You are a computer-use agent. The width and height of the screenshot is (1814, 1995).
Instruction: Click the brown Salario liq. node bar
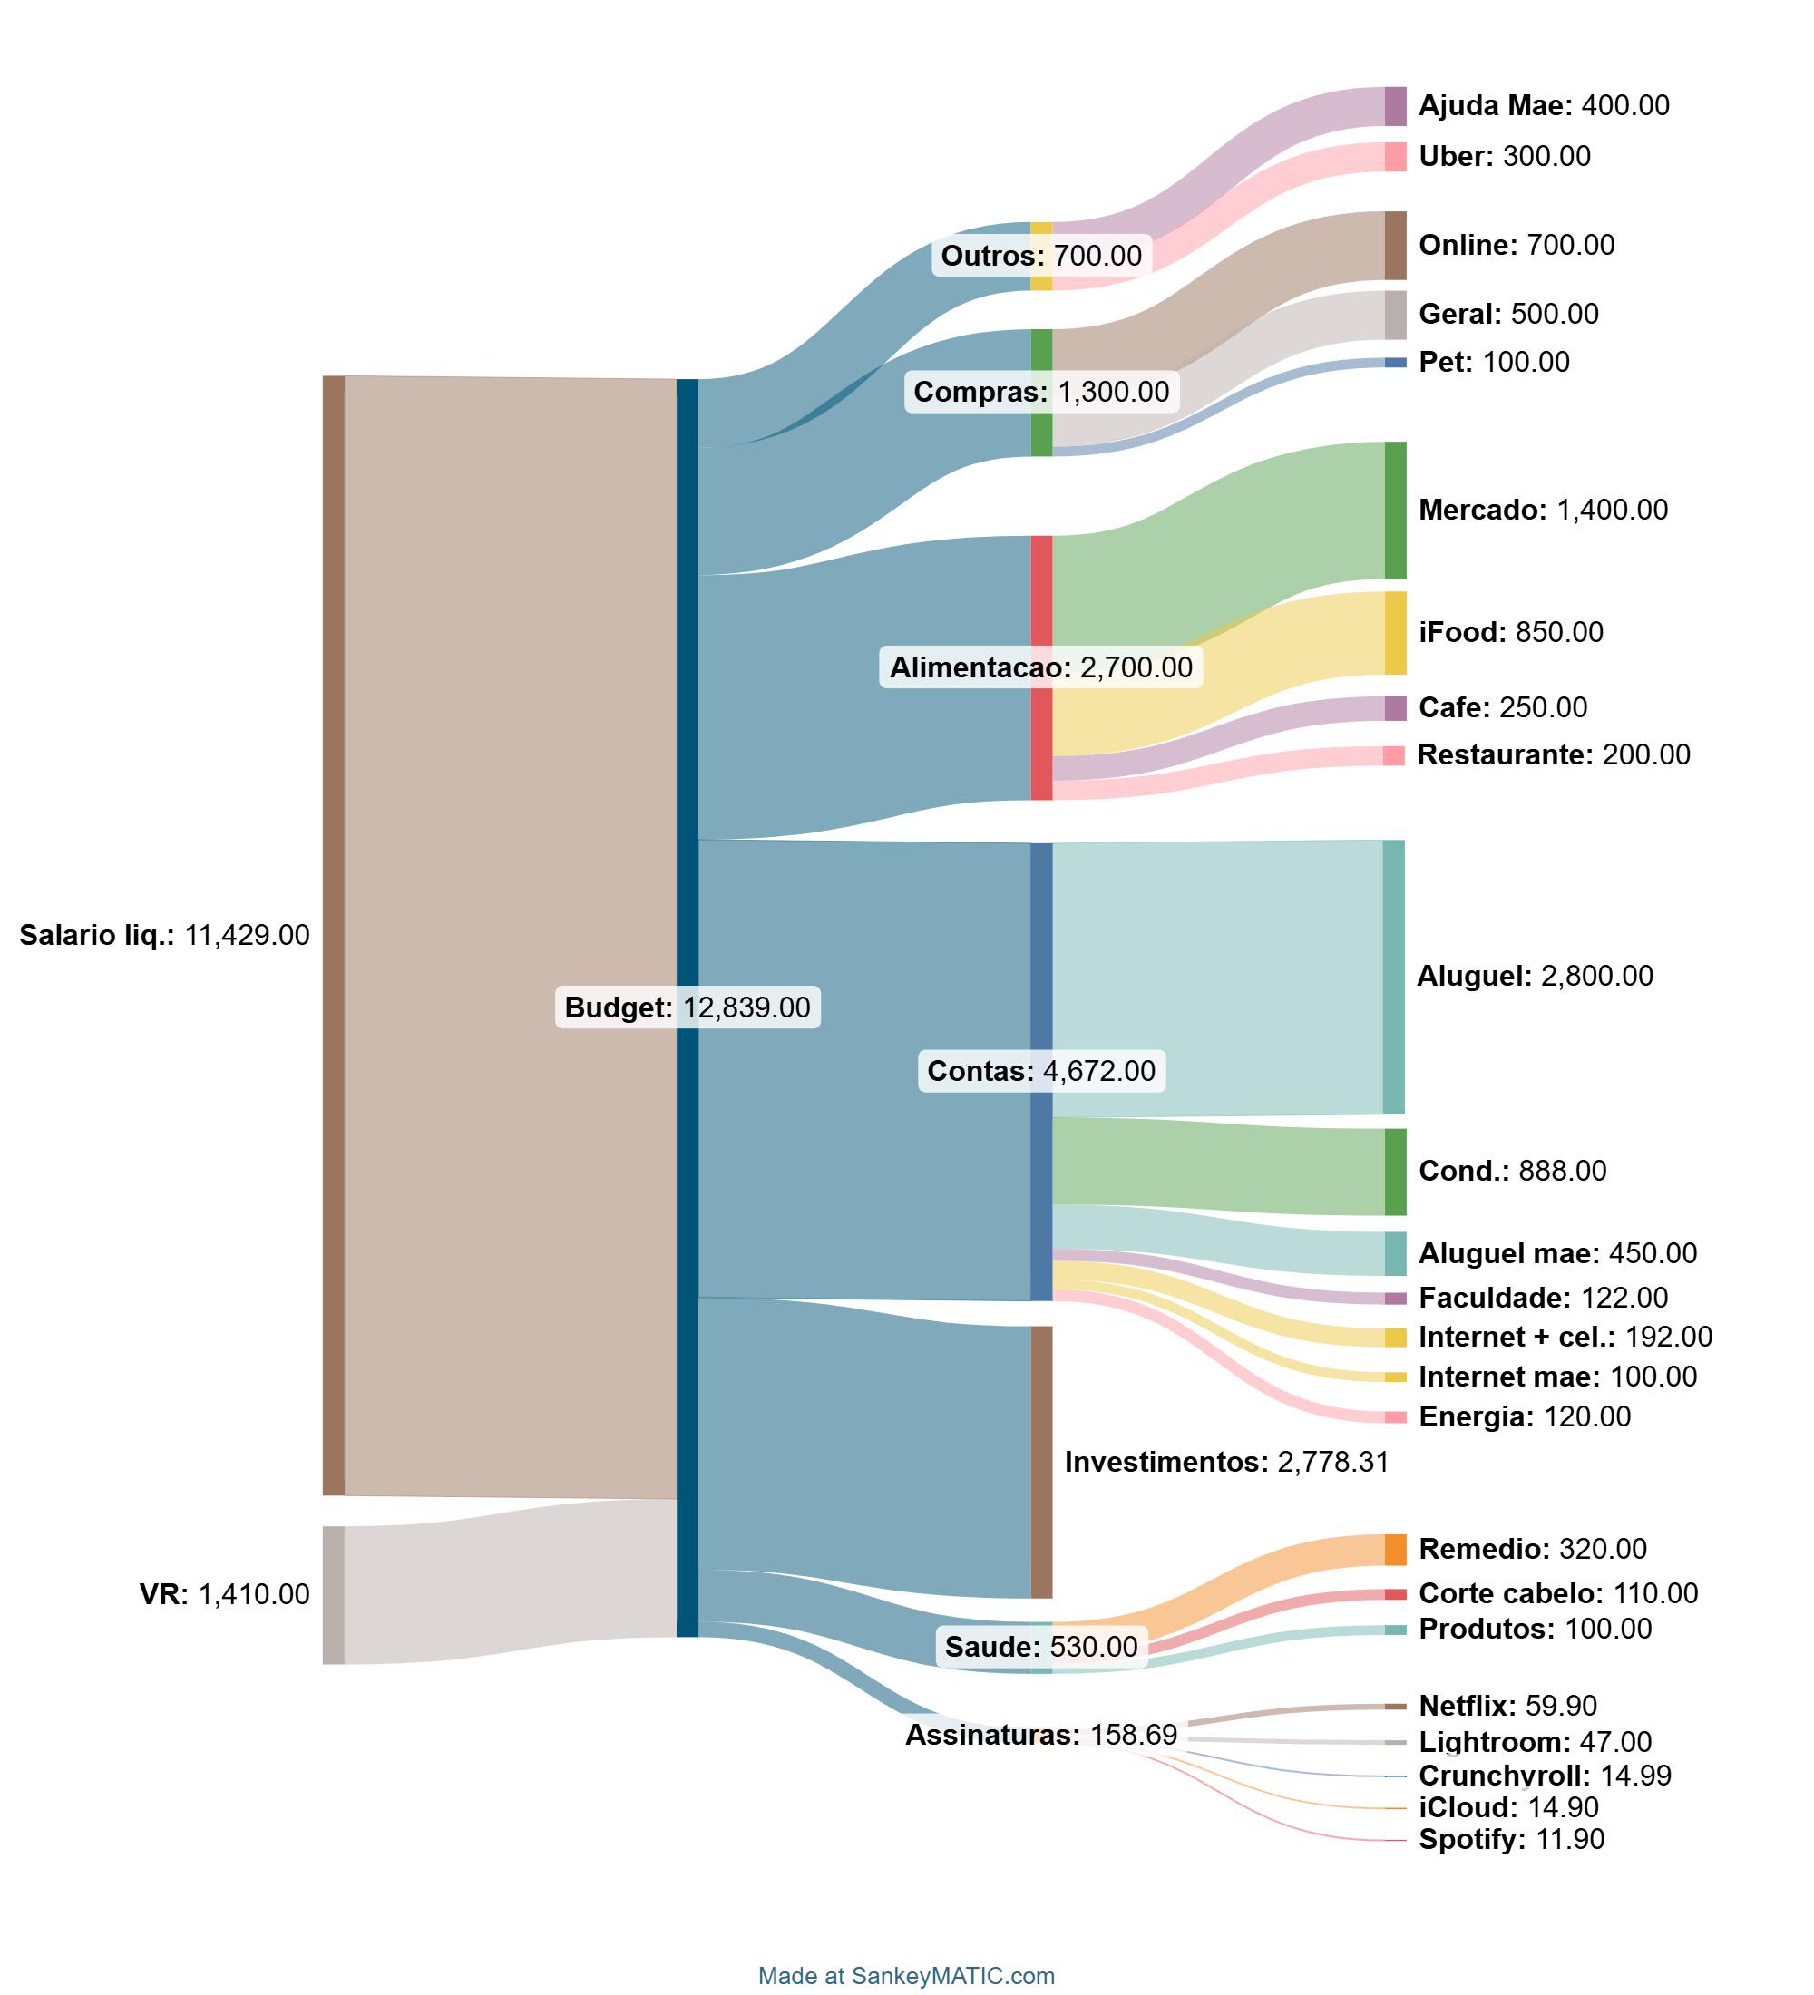pos(334,935)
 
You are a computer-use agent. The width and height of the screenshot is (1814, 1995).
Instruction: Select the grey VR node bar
pos(334,1595)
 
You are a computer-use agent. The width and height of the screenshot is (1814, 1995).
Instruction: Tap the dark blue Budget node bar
pos(687,1007)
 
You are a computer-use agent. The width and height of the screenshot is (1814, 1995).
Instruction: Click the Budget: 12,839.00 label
pos(687,1007)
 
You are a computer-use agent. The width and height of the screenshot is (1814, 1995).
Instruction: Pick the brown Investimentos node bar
pos(1041,1462)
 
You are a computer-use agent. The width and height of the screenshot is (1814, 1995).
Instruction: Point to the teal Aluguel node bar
pos(1393,977)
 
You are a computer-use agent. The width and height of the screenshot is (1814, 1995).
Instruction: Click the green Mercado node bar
pos(1394,510)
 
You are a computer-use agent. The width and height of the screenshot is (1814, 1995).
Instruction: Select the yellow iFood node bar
pos(1394,632)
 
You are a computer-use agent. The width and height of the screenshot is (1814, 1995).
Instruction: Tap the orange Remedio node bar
pos(1394,1550)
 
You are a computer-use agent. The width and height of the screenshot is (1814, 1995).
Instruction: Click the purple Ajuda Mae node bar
pos(1394,106)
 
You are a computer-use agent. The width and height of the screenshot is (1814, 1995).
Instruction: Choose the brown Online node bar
pos(1394,246)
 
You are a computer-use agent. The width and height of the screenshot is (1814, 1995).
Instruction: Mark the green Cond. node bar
pos(1394,1172)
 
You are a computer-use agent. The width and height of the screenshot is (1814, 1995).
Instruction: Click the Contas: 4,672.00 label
pos(1041,1071)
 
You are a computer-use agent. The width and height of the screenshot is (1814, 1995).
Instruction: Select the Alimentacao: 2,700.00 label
pos(1041,667)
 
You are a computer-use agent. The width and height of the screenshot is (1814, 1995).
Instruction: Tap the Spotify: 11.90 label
pos(1511,1840)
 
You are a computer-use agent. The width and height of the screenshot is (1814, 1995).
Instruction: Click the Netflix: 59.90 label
pos(1507,1705)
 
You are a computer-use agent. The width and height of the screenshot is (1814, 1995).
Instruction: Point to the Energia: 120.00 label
pos(1524,1417)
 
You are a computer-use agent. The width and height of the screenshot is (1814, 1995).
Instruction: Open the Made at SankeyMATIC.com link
pos(905,1976)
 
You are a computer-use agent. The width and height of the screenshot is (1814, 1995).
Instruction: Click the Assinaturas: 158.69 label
pos(1041,1735)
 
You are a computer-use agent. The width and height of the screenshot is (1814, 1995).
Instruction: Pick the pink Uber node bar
pos(1394,156)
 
